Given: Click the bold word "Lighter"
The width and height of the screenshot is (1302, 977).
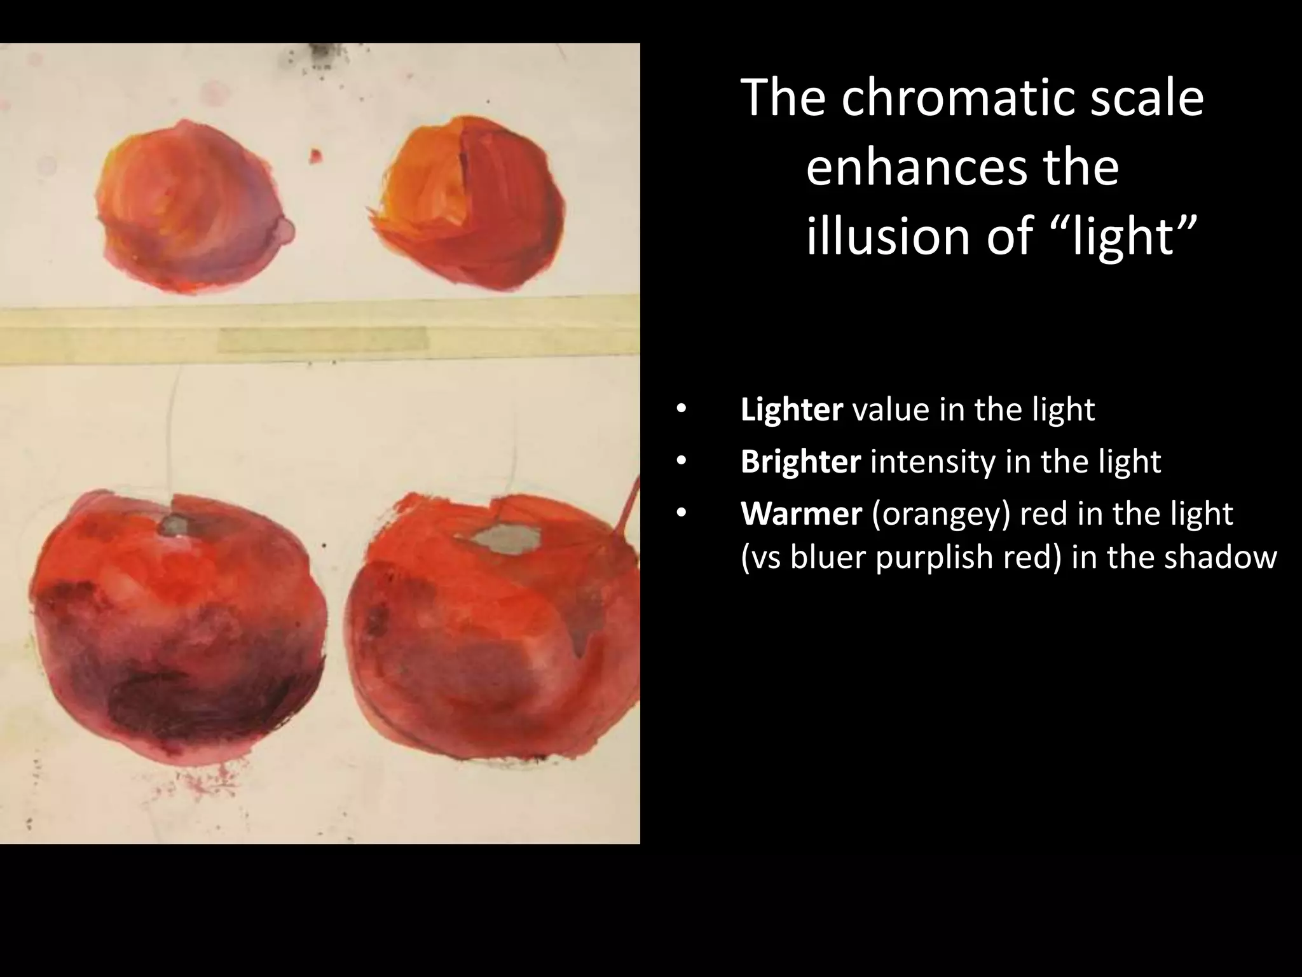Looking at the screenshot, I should tap(791, 410).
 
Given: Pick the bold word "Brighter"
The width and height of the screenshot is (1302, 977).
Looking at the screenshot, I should tap(800, 462).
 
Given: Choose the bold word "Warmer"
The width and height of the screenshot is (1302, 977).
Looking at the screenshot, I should tap(800, 514).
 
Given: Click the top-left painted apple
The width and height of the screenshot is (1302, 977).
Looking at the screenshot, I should tap(191, 207).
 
